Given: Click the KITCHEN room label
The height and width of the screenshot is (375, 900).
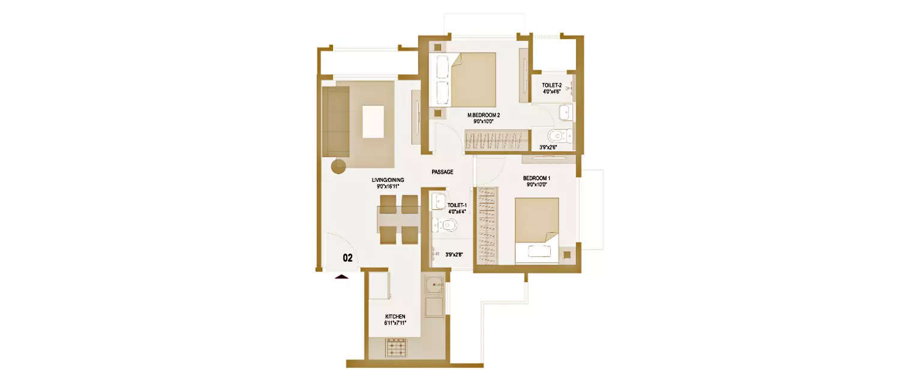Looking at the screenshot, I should [395, 316].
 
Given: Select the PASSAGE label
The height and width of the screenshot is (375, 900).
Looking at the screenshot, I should [442, 172].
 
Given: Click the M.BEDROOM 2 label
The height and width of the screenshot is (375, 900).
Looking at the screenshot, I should [484, 115].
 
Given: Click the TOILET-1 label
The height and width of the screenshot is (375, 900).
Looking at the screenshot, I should [457, 205].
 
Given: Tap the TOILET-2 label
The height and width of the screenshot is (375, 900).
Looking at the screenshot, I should [551, 85].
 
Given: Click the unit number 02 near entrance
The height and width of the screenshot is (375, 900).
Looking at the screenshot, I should [347, 258].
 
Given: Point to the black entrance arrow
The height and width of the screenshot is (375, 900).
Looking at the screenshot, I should [341, 277].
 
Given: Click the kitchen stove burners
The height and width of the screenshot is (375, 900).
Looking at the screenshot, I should [395, 347].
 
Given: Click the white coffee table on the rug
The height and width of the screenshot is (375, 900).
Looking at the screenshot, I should [373, 122].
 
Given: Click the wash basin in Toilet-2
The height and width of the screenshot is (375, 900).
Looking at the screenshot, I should [564, 112].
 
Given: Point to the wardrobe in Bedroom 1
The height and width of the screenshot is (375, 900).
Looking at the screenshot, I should [487, 226].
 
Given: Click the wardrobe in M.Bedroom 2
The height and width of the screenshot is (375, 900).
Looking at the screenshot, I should [495, 142].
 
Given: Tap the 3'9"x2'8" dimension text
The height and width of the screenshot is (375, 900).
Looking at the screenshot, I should [454, 254].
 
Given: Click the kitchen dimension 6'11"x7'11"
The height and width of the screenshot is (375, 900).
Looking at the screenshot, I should [395, 323].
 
